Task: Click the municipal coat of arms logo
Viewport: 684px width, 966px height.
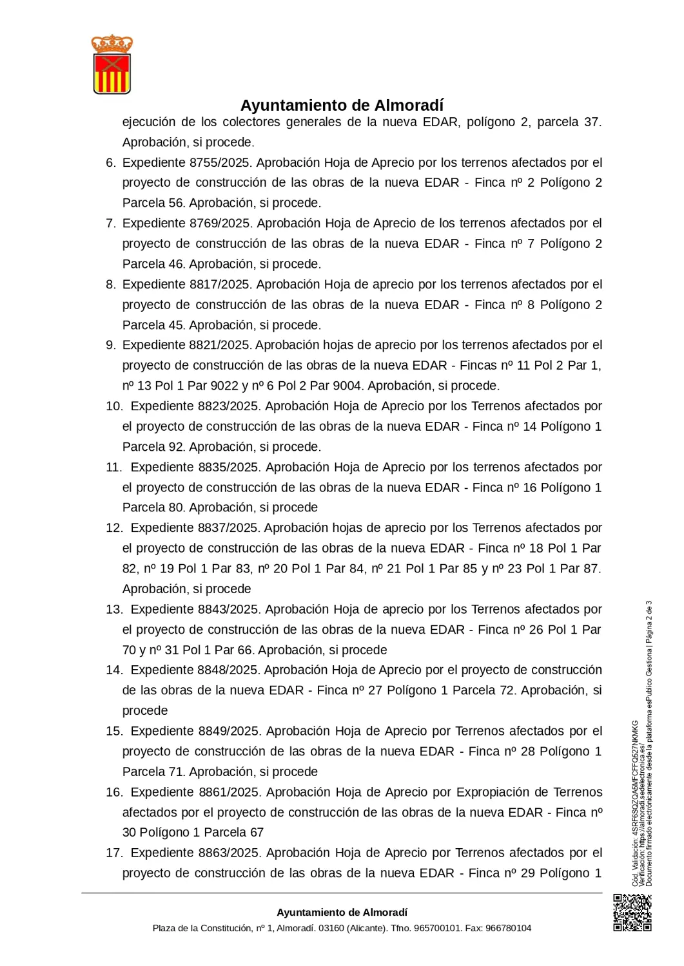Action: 112,64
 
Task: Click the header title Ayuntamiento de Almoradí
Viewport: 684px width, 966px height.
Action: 342,105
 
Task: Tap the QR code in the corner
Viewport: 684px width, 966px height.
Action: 632,912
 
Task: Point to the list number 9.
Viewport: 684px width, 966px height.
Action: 110,345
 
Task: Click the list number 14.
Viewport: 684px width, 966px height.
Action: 113,670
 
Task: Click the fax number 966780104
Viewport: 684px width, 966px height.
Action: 508,928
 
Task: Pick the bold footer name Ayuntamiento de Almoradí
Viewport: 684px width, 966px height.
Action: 342,912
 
